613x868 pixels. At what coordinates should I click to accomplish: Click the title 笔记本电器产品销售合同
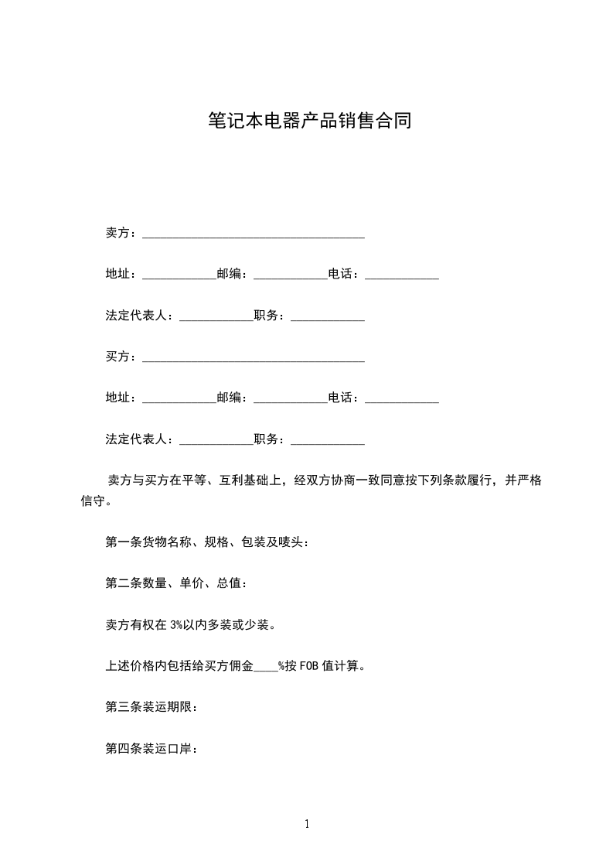pyautogui.click(x=309, y=121)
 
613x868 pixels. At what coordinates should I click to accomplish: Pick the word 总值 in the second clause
pyautogui.click(x=229, y=583)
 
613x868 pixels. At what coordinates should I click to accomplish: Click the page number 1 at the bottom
pyautogui.click(x=307, y=824)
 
